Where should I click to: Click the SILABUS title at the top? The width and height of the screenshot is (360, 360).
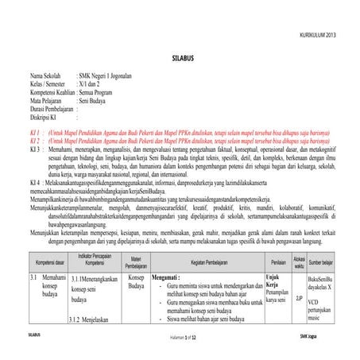click(x=180, y=59)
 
